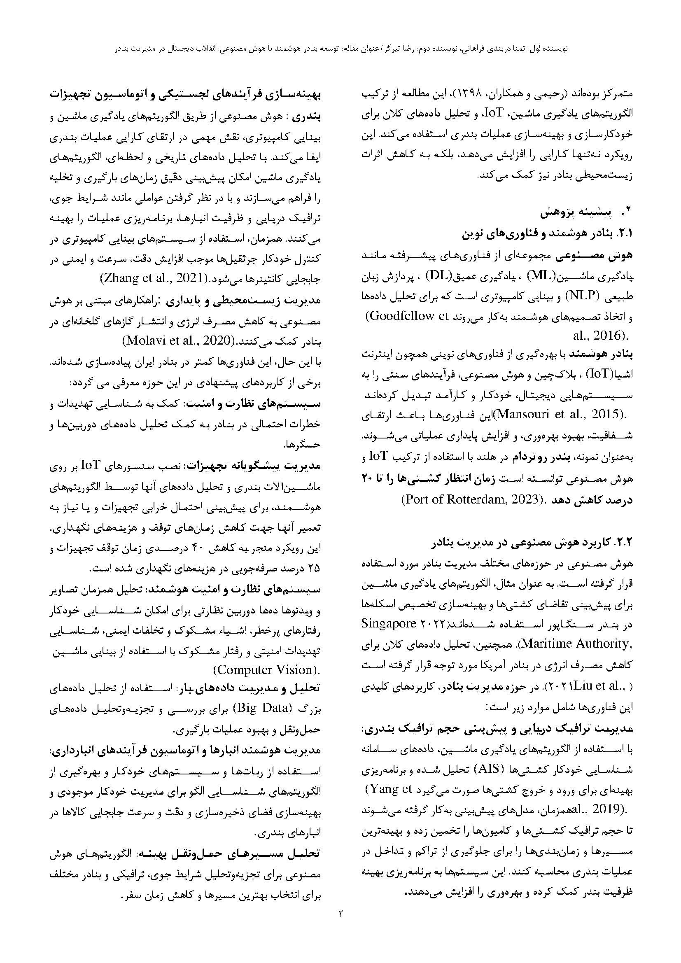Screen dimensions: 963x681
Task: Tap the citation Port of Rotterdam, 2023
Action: point(470,500)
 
